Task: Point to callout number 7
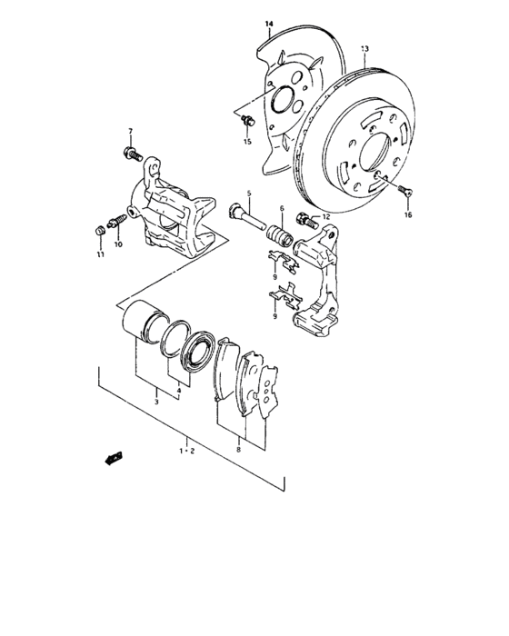130,132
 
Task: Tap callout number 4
178,391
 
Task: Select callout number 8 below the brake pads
238,448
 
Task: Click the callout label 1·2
186,450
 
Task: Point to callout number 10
118,244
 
